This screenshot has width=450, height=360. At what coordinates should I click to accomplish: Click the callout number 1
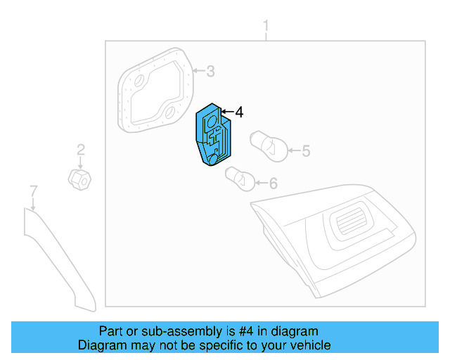point(266,27)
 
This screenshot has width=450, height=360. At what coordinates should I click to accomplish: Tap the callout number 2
point(81,149)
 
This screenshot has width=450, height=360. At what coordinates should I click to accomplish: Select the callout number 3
point(210,70)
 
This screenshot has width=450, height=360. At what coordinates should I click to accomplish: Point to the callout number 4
point(239,112)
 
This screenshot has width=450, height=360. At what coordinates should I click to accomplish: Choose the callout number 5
point(305,150)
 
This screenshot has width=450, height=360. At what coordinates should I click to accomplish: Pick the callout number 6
point(273,184)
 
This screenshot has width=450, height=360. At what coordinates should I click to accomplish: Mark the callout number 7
point(32,190)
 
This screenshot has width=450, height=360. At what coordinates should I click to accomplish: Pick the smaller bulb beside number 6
point(238,179)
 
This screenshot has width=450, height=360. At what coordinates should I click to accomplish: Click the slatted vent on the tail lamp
point(352,224)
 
